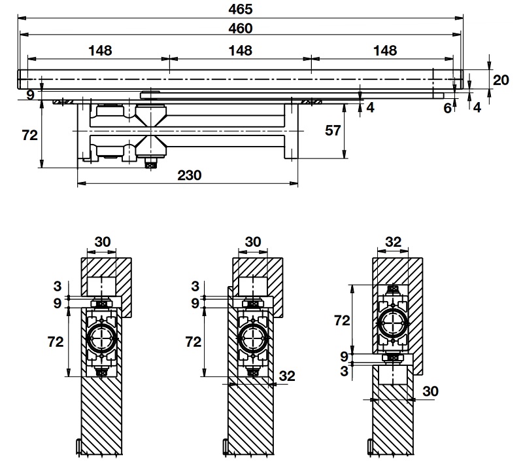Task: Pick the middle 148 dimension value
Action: [x=241, y=50]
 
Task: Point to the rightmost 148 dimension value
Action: [x=385, y=50]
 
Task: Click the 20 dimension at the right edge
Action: [x=501, y=80]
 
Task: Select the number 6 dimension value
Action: [x=448, y=108]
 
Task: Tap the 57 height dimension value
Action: [x=333, y=130]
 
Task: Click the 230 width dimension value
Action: [x=188, y=175]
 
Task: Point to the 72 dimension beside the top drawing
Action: [x=29, y=135]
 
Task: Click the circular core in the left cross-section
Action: [x=102, y=338]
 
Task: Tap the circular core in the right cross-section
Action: [x=392, y=321]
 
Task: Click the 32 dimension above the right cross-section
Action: [x=392, y=242]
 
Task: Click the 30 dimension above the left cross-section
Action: [x=103, y=242]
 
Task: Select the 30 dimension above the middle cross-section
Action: [x=252, y=242]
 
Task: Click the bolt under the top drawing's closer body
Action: [x=150, y=164]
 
